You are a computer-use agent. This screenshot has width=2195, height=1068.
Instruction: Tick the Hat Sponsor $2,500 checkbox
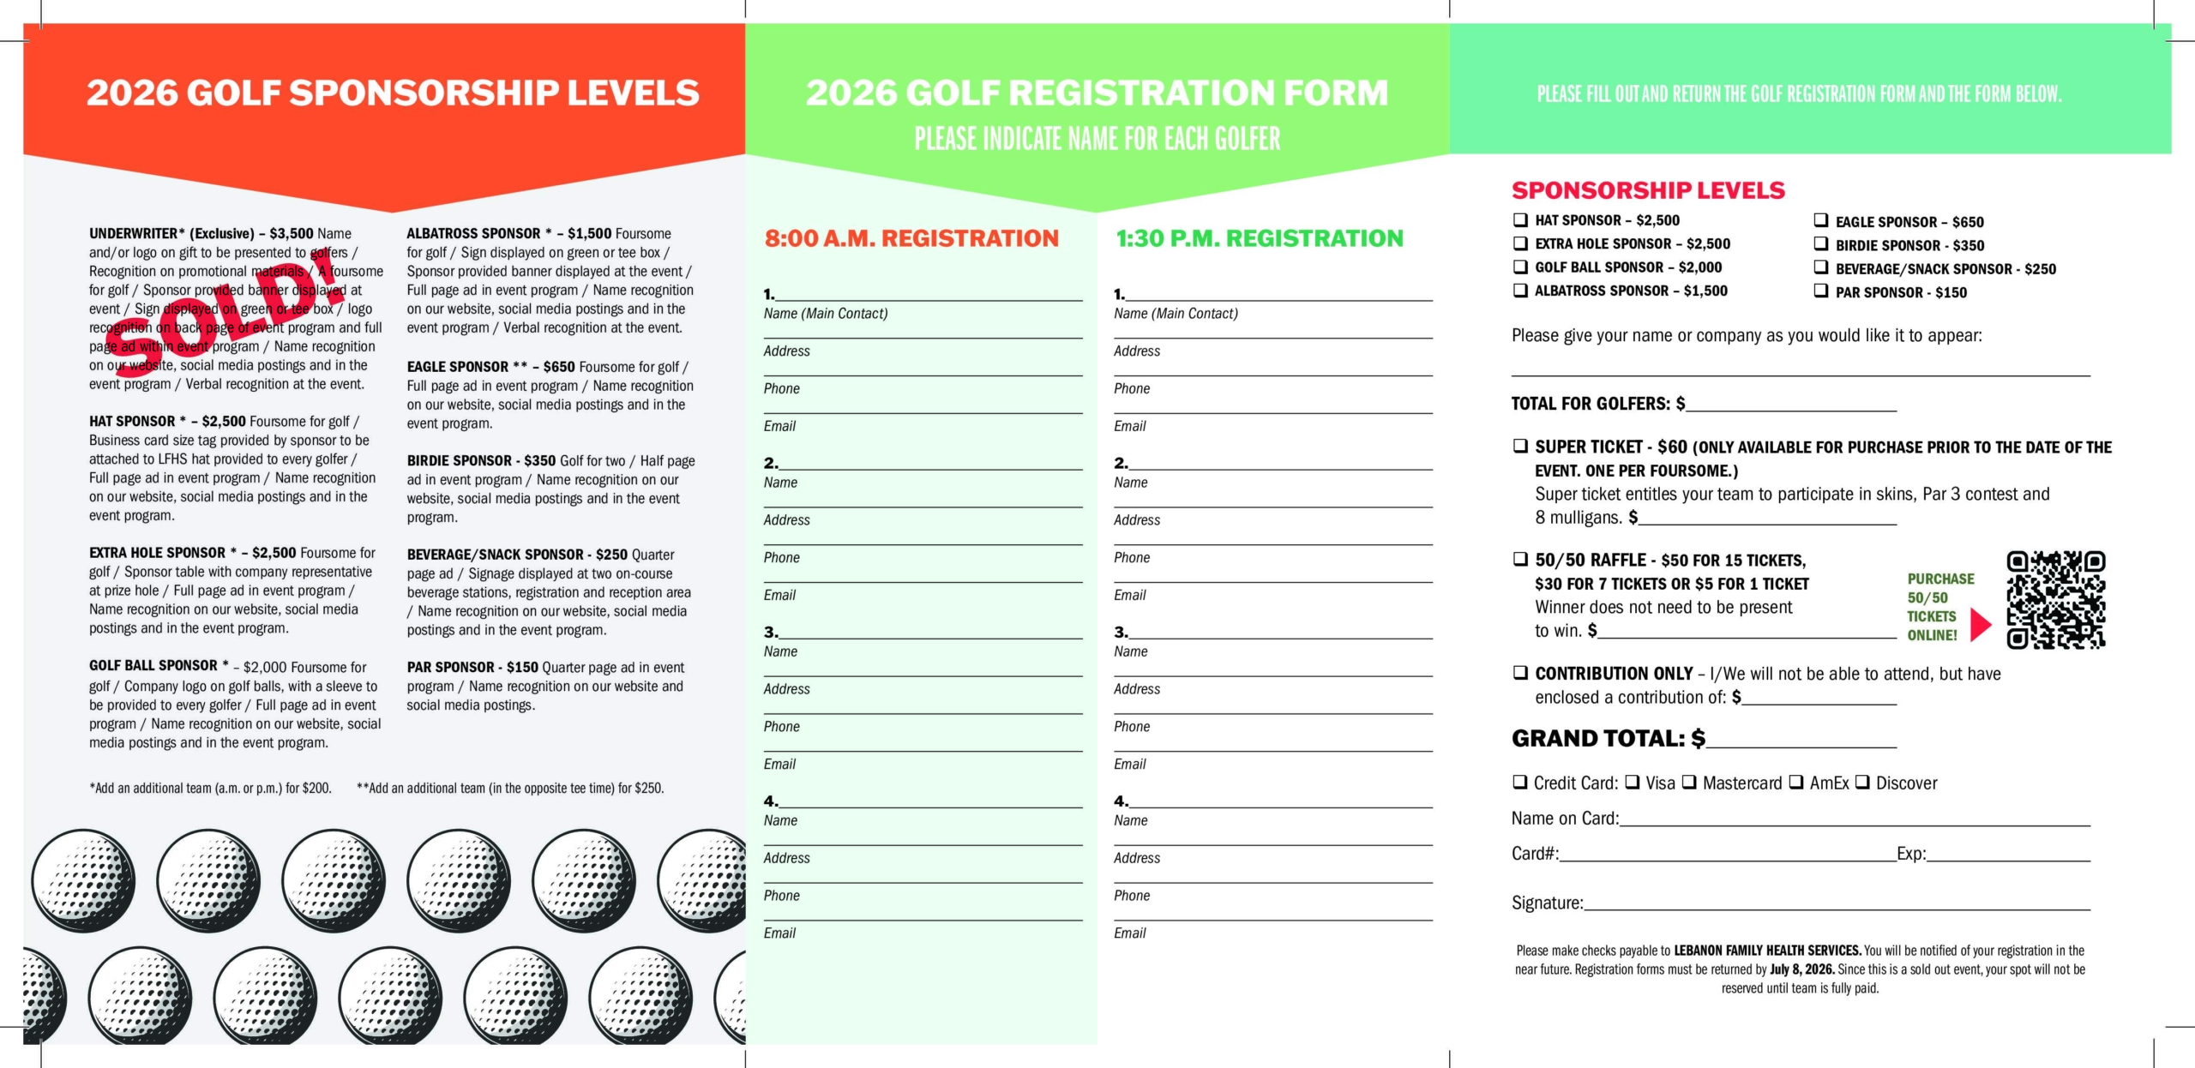pos(1520,220)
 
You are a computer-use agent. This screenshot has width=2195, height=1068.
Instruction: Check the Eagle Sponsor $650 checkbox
pos(1821,221)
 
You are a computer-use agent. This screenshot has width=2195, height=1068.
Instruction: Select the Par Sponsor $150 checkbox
pos(1821,291)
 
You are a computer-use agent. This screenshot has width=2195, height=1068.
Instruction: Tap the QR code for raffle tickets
pos(2055,599)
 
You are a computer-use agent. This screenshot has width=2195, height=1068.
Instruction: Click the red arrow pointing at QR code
pos(1980,625)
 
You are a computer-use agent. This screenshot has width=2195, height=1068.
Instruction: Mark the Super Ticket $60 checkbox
pos(1520,447)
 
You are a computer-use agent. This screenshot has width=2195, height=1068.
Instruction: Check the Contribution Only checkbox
pos(1520,673)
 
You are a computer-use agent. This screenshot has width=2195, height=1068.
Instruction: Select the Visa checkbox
pos(1633,783)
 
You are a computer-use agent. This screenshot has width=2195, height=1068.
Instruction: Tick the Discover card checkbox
pos(1863,783)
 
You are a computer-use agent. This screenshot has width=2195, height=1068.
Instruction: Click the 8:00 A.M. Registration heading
pos(911,238)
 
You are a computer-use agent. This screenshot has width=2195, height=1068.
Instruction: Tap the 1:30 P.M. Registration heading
pos(1259,238)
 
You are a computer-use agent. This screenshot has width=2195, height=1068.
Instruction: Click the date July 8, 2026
pos(1802,969)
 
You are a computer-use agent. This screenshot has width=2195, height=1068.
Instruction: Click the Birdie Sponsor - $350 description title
pos(481,461)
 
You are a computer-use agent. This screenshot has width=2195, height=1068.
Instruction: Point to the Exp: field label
pos(1911,854)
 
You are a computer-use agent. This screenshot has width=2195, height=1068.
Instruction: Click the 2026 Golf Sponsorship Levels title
pos(393,93)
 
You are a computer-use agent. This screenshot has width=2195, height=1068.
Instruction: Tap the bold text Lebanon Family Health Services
pos(1767,951)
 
